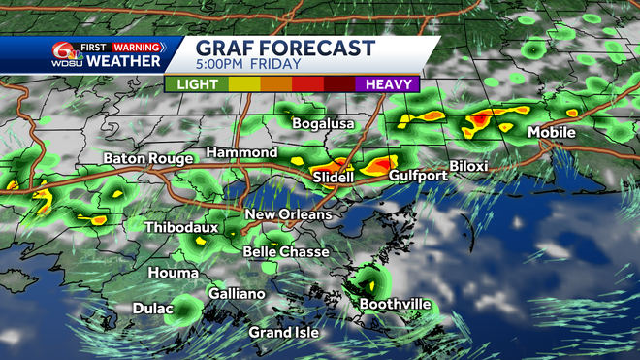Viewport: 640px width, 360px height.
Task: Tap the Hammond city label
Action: (241, 153)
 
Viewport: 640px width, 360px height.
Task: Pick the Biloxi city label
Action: (468, 166)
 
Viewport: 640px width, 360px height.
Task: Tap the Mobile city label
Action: (552, 132)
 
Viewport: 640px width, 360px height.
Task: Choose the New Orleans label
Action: (288, 214)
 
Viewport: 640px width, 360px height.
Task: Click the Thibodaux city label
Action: (181, 228)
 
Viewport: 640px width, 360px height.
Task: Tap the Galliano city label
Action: (237, 294)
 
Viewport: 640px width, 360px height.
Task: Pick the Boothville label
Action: (395, 304)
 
